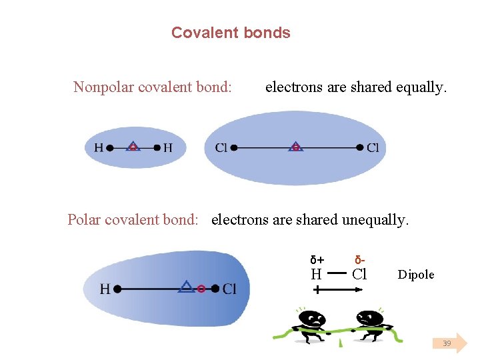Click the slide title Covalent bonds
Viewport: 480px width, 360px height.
[231, 33]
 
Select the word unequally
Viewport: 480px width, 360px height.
[375, 219]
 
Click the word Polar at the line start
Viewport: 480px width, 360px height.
[85, 219]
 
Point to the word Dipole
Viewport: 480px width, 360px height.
[416, 275]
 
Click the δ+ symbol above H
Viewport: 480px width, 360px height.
[317, 260]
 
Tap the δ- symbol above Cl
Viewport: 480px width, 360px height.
[360, 259]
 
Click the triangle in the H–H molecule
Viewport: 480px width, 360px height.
[133, 146]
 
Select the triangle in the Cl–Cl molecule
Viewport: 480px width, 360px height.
[295, 146]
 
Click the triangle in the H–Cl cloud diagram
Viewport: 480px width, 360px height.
[187, 287]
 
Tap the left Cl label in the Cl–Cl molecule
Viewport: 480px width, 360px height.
[221, 147]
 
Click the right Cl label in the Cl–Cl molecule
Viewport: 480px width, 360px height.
[373, 147]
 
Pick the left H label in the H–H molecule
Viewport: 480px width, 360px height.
[98, 147]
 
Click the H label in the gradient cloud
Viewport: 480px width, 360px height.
[105, 289]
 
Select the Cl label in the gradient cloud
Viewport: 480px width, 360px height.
[229, 289]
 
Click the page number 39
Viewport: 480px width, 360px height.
[447, 343]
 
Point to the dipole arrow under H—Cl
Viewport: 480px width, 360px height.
[339, 290]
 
